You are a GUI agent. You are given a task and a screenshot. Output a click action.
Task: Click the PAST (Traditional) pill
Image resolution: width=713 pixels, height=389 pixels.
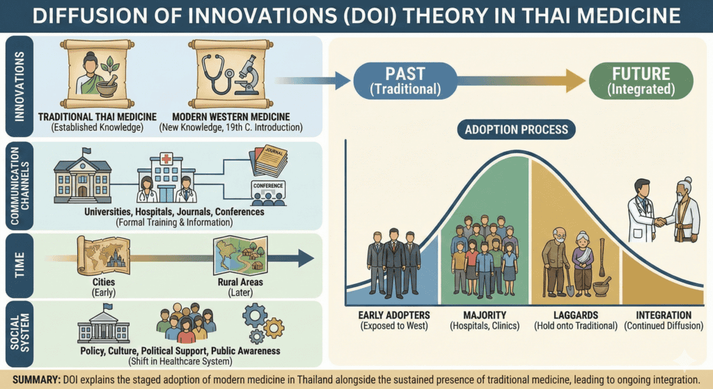point(405,81)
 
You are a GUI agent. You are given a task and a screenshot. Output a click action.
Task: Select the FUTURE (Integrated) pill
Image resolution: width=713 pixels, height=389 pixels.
point(641,81)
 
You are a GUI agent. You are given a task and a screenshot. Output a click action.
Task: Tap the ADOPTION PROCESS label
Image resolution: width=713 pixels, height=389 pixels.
point(516,129)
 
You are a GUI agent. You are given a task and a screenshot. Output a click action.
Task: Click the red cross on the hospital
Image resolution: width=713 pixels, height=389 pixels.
point(166,159)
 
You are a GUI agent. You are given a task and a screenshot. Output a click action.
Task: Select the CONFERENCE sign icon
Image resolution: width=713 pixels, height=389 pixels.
point(268,193)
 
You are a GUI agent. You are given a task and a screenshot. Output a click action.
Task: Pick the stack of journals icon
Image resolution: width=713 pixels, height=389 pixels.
point(269,161)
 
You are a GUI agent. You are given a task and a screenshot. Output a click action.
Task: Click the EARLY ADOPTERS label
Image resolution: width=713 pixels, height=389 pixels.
point(394,315)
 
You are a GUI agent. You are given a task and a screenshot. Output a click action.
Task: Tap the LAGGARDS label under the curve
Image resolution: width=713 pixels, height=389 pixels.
point(576,315)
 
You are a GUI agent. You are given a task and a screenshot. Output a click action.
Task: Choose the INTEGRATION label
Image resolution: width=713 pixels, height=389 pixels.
point(664,315)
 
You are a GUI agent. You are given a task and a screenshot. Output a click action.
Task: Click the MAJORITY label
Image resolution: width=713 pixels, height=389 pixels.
point(485,315)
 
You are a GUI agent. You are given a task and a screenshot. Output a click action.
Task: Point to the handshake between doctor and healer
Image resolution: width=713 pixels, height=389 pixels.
point(660,221)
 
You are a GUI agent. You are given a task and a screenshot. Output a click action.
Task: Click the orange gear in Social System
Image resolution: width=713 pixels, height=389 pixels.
point(274,328)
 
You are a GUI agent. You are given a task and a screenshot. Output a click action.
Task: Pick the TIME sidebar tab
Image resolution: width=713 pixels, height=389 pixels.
point(19,265)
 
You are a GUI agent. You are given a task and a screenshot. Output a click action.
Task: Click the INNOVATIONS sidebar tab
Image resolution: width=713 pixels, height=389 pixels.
point(19,86)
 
